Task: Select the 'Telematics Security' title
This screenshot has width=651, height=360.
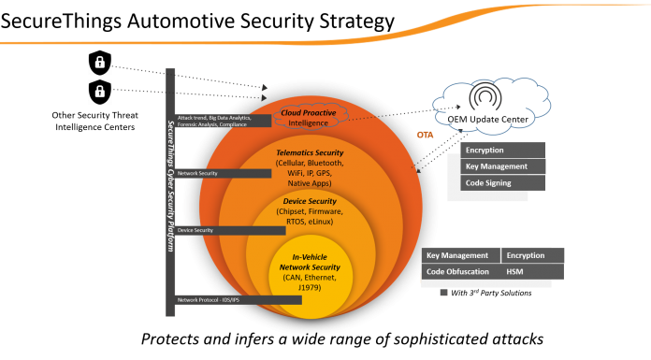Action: tap(309, 152)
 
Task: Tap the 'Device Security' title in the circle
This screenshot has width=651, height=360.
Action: tap(309, 201)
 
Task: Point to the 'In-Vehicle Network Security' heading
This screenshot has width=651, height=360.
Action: tap(309, 261)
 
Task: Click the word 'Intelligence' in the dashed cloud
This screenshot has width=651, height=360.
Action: tap(309, 122)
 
